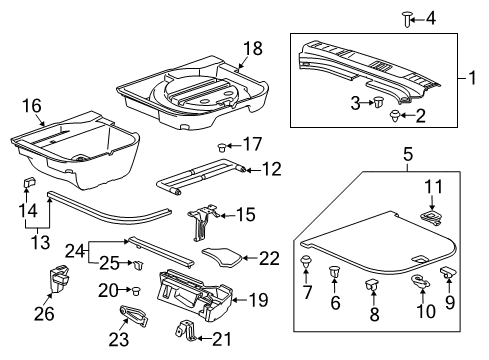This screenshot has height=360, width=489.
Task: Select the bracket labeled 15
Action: pyautogui.click(x=203, y=217)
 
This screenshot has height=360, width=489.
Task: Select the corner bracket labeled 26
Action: pyautogui.click(x=59, y=283)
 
